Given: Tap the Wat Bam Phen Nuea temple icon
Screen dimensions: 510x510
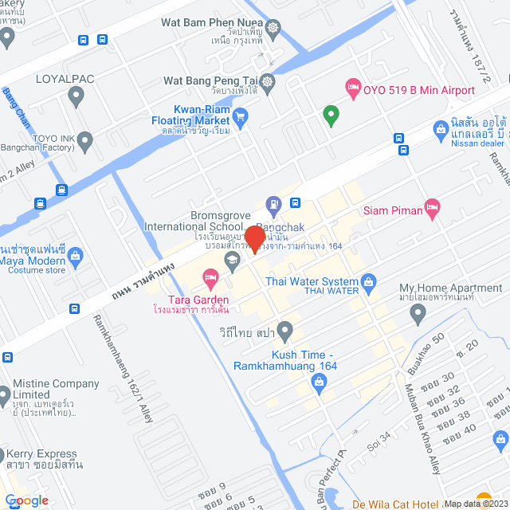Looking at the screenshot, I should tap(274, 28).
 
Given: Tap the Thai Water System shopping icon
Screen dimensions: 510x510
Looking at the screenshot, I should tap(368, 280).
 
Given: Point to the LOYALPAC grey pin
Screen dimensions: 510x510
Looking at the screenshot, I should tap(76, 97).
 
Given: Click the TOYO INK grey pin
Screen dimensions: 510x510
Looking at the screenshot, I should tap(86, 141).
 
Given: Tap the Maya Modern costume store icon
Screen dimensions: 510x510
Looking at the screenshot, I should tap(76, 256).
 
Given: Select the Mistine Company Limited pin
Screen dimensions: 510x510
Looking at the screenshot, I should tap(6, 394).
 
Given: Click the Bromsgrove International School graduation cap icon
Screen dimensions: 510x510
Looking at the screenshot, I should tap(232, 262).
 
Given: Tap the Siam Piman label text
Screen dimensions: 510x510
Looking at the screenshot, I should tap(391, 210).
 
